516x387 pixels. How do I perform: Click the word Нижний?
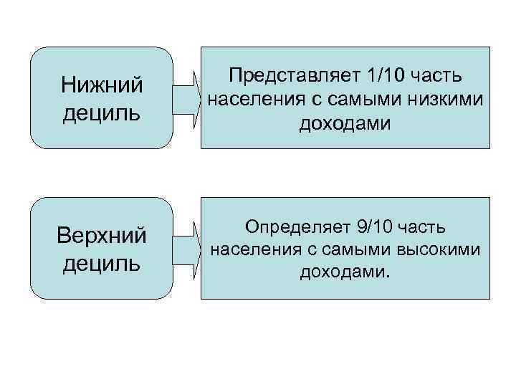101,86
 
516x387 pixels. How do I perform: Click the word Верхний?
101,235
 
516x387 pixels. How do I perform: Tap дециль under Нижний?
101,113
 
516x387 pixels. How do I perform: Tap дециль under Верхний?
101,262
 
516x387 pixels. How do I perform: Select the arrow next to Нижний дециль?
187,97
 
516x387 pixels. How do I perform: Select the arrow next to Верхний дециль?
187,246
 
